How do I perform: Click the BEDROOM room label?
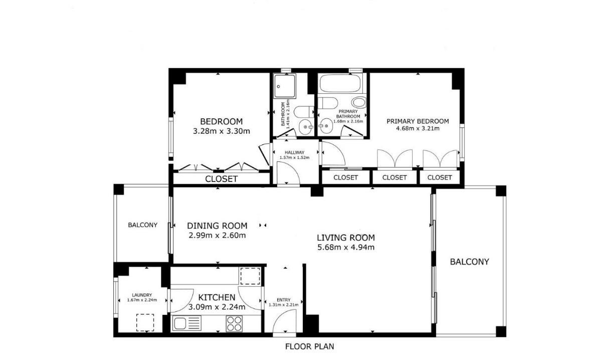click(x=221, y=121)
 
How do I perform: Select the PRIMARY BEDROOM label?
click(x=417, y=121)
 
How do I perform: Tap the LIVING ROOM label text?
click(x=346, y=238)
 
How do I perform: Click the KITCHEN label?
click(x=216, y=297)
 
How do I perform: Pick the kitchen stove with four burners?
click(x=234, y=323)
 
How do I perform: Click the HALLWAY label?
click(x=294, y=152)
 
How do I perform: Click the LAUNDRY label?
click(x=142, y=295)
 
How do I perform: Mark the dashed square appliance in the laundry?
click(x=145, y=322)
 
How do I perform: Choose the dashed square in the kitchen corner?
click(x=250, y=276)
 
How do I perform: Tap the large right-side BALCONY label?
click(x=469, y=262)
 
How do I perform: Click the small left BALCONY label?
click(x=142, y=225)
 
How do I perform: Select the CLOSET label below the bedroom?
click(x=221, y=179)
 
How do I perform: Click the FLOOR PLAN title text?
click(x=309, y=346)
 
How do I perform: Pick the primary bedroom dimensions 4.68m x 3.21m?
click(x=417, y=128)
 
